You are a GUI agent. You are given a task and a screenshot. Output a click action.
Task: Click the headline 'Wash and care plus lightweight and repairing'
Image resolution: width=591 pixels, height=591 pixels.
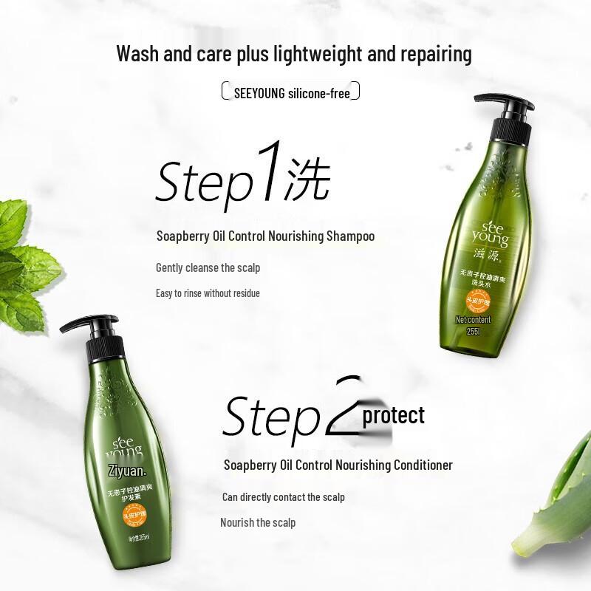[294, 54]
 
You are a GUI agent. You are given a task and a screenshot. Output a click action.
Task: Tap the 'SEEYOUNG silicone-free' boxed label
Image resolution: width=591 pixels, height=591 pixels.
[291, 92]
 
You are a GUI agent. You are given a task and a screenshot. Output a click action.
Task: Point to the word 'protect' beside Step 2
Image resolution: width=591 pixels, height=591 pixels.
[393, 415]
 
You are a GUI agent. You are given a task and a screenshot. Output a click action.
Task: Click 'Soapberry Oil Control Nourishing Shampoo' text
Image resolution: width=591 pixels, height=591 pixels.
[265, 236]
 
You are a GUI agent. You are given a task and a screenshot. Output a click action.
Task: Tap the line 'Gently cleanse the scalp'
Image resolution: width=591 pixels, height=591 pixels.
[208, 267]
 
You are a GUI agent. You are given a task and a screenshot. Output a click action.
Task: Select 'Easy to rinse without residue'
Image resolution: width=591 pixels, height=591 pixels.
[208, 293]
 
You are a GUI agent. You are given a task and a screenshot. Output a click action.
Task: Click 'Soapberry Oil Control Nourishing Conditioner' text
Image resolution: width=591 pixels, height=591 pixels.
[338, 465]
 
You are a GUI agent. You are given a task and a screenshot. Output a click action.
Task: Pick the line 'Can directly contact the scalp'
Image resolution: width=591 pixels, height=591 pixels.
[283, 497]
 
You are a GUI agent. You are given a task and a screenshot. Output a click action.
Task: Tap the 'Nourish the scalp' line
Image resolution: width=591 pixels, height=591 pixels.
[257, 522]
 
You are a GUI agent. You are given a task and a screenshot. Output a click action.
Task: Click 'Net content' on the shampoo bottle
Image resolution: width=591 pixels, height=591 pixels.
[473, 320]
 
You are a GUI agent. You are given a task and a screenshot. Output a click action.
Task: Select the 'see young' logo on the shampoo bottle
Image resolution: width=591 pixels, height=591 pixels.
[490, 234]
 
